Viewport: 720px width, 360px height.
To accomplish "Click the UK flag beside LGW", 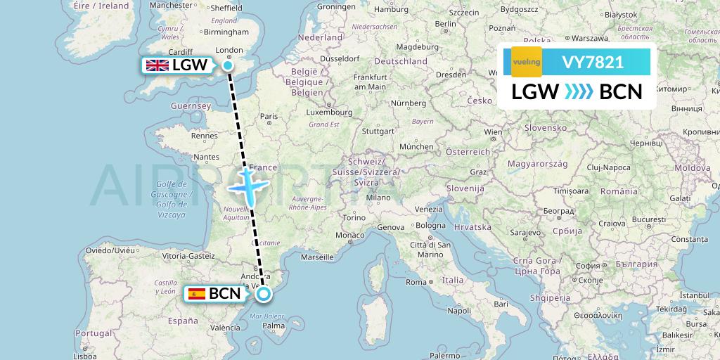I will (x=157, y=65).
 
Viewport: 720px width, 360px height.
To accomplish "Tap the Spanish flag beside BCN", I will (x=195, y=294).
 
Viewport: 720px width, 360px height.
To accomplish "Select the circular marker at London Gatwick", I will (x=228, y=65).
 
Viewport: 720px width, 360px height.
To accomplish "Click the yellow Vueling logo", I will (x=526, y=62).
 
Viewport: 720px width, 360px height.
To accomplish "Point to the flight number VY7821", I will (x=592, y=62).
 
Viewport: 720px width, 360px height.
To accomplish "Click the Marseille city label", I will (x=317, y=257).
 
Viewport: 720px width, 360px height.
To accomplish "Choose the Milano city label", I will (x=377, y=198).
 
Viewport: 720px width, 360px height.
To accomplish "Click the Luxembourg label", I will (x=330, y=112).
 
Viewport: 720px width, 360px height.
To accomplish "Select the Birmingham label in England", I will (x=228, y=32).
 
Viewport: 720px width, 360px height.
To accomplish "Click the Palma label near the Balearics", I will (x=274, y=326).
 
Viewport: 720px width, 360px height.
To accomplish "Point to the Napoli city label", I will (x=459, y=310).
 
